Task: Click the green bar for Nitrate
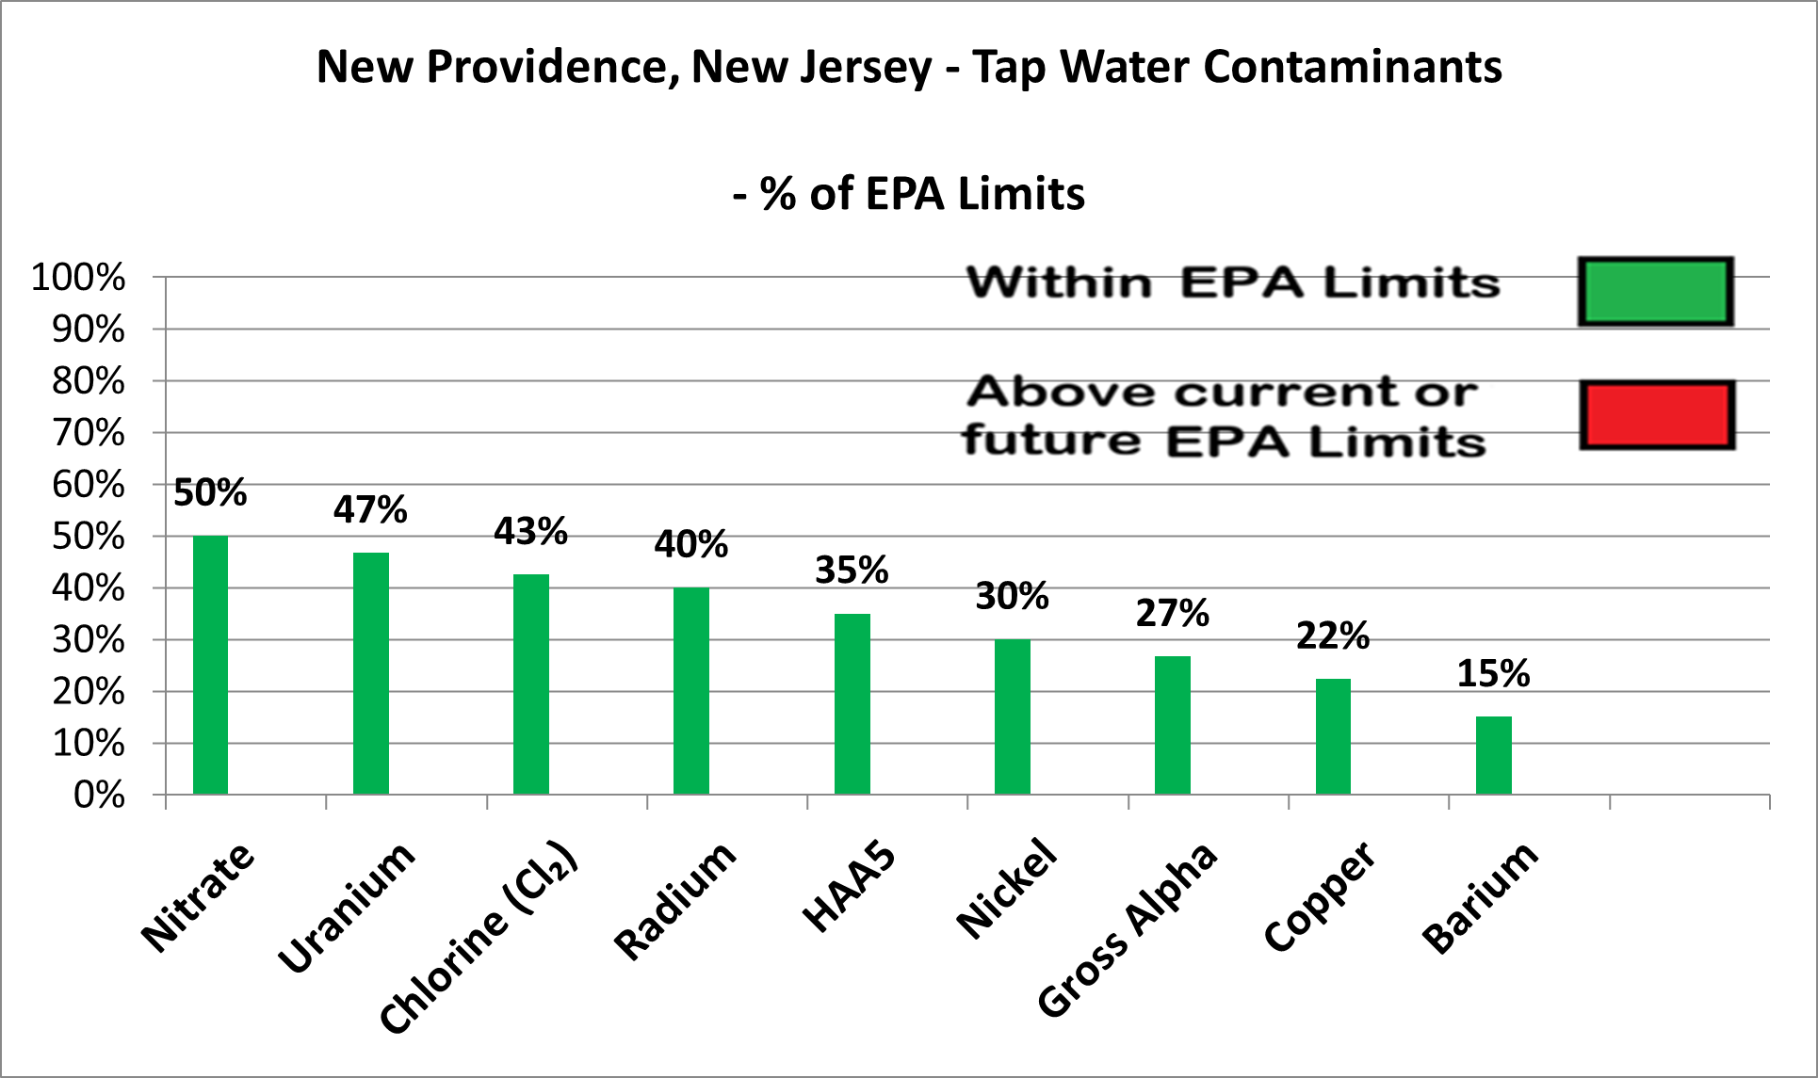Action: tap(210, 665)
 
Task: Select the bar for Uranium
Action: tap(370, 673)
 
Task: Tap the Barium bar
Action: tap(1493, 755)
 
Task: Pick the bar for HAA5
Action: tap(852, 703)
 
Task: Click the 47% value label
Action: tap(370, 509)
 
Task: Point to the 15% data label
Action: tap(1493, 673)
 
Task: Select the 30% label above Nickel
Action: tap(1012, 596)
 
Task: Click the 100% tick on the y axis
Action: tap(78, 278)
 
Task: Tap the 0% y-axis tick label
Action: tap(99, 796)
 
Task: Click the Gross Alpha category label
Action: tap(1128, 928)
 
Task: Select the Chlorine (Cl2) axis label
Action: tap(479, 936)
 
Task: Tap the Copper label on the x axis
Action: tap(1319, 895)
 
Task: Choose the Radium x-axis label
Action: tap(674, 900)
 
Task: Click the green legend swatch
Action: tap(1655, 292)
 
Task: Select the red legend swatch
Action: tap(1656, 415)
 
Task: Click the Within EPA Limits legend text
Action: tap(1232, 282)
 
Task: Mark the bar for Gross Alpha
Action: tap(1172, 725)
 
